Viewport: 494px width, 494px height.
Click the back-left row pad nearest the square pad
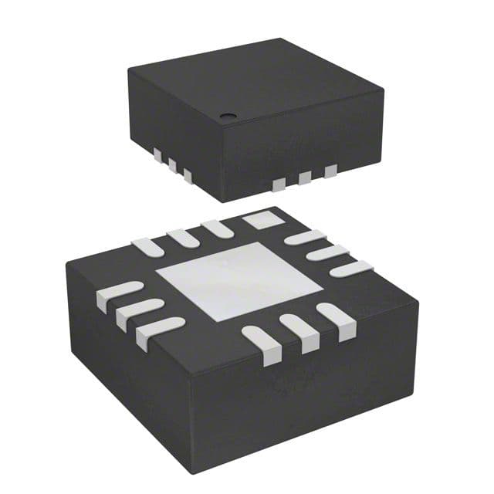point(217,229)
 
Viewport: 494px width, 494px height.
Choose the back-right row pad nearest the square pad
point(303,238)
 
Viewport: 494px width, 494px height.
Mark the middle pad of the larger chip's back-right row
point(327,252)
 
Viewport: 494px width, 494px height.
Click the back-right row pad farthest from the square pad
point(351,268)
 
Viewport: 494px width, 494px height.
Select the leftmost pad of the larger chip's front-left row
point(119,296)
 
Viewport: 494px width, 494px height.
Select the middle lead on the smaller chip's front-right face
point(305,178)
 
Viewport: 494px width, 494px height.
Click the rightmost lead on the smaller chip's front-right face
point(330,171)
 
